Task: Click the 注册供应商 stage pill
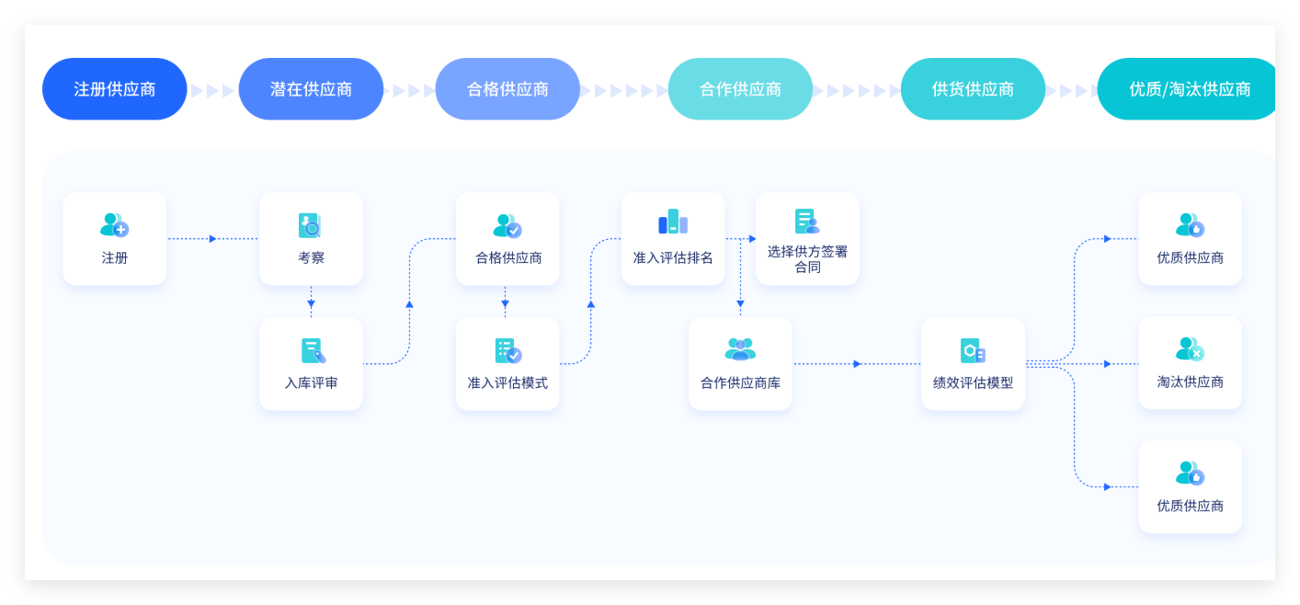pos(114,89)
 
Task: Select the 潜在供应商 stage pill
pos(311,89)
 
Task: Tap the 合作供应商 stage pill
pos(740,89)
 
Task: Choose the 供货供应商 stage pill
pos(973,89)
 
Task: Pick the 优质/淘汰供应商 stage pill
pos(1186,89)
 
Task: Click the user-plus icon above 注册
pos(114,225)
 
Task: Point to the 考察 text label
pos(311,257)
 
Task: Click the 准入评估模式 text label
pos(507,382)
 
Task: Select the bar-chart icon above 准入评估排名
pos(673,222)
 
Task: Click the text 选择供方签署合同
pos(807,259)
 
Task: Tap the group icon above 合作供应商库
pos(740,349)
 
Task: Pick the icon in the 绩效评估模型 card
pos(973,350)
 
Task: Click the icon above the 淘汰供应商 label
pos(1190,349)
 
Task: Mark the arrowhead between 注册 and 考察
pos(212,239)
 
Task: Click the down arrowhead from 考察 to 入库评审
pos(311,303)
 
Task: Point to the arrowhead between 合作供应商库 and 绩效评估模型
pos(857,364)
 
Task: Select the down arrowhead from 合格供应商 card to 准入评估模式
pos(505,303)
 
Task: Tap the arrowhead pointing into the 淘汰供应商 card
pos(1107,364)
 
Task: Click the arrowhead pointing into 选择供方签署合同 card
pos(752,239)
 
